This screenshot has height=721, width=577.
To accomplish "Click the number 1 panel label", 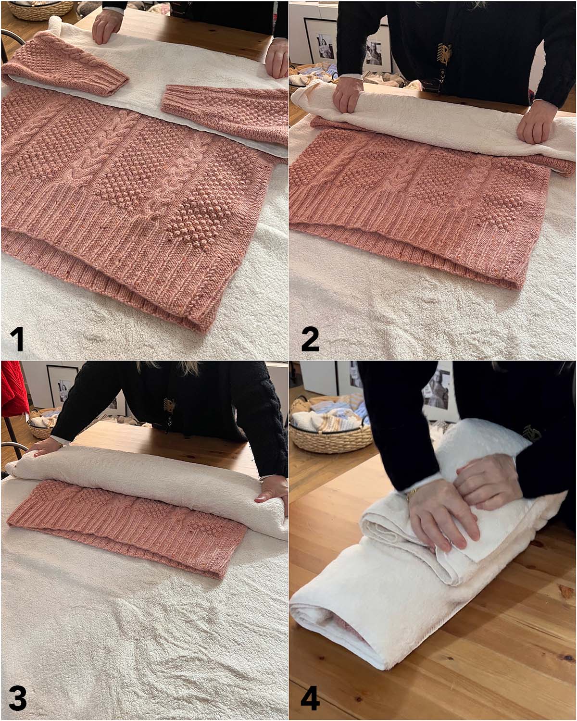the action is point(17,339).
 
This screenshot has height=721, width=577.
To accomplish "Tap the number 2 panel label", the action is point(310,339).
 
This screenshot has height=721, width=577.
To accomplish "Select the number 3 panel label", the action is point(17,699).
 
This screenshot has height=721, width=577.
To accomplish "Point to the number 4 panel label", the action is point(310,699).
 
